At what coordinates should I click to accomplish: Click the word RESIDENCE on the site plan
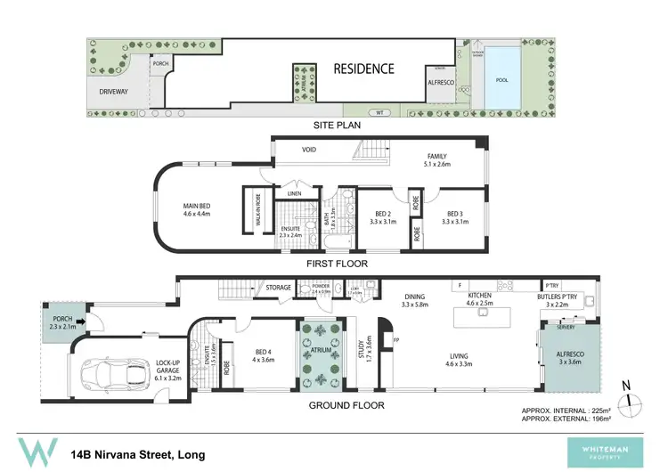363,68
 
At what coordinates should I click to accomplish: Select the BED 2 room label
381,214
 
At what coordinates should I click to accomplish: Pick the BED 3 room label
455,214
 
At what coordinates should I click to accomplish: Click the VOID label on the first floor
309,150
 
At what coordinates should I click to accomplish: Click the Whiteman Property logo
615,452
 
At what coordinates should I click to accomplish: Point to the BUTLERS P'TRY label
558,299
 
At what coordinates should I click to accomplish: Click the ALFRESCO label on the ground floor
568,357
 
